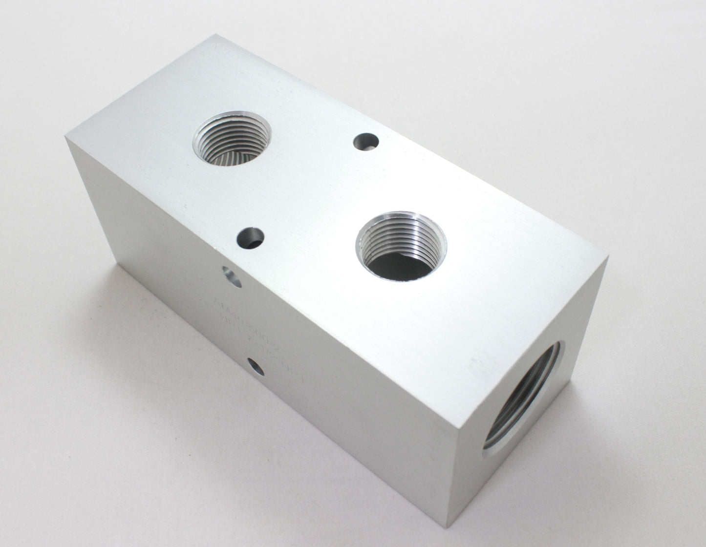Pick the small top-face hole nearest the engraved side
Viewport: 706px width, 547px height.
coord(250,238)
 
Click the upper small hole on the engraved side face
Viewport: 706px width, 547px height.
coord(231,276)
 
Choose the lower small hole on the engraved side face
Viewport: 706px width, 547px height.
coord(256,366)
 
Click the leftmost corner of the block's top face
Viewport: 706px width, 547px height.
coord(65,137)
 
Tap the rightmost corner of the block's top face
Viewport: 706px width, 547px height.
coord(608,257)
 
